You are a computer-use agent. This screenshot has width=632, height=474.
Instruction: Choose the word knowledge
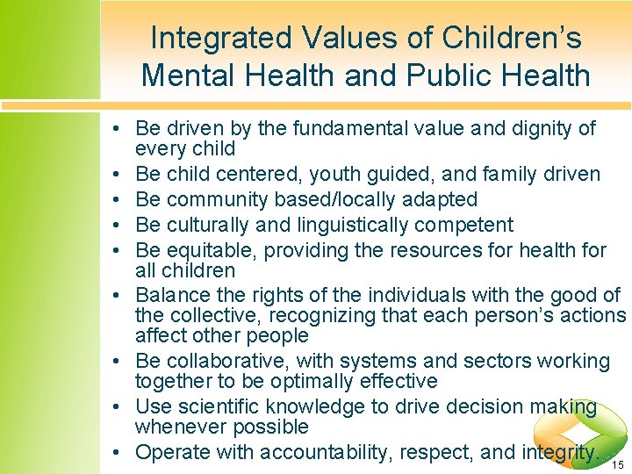(339, 406)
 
